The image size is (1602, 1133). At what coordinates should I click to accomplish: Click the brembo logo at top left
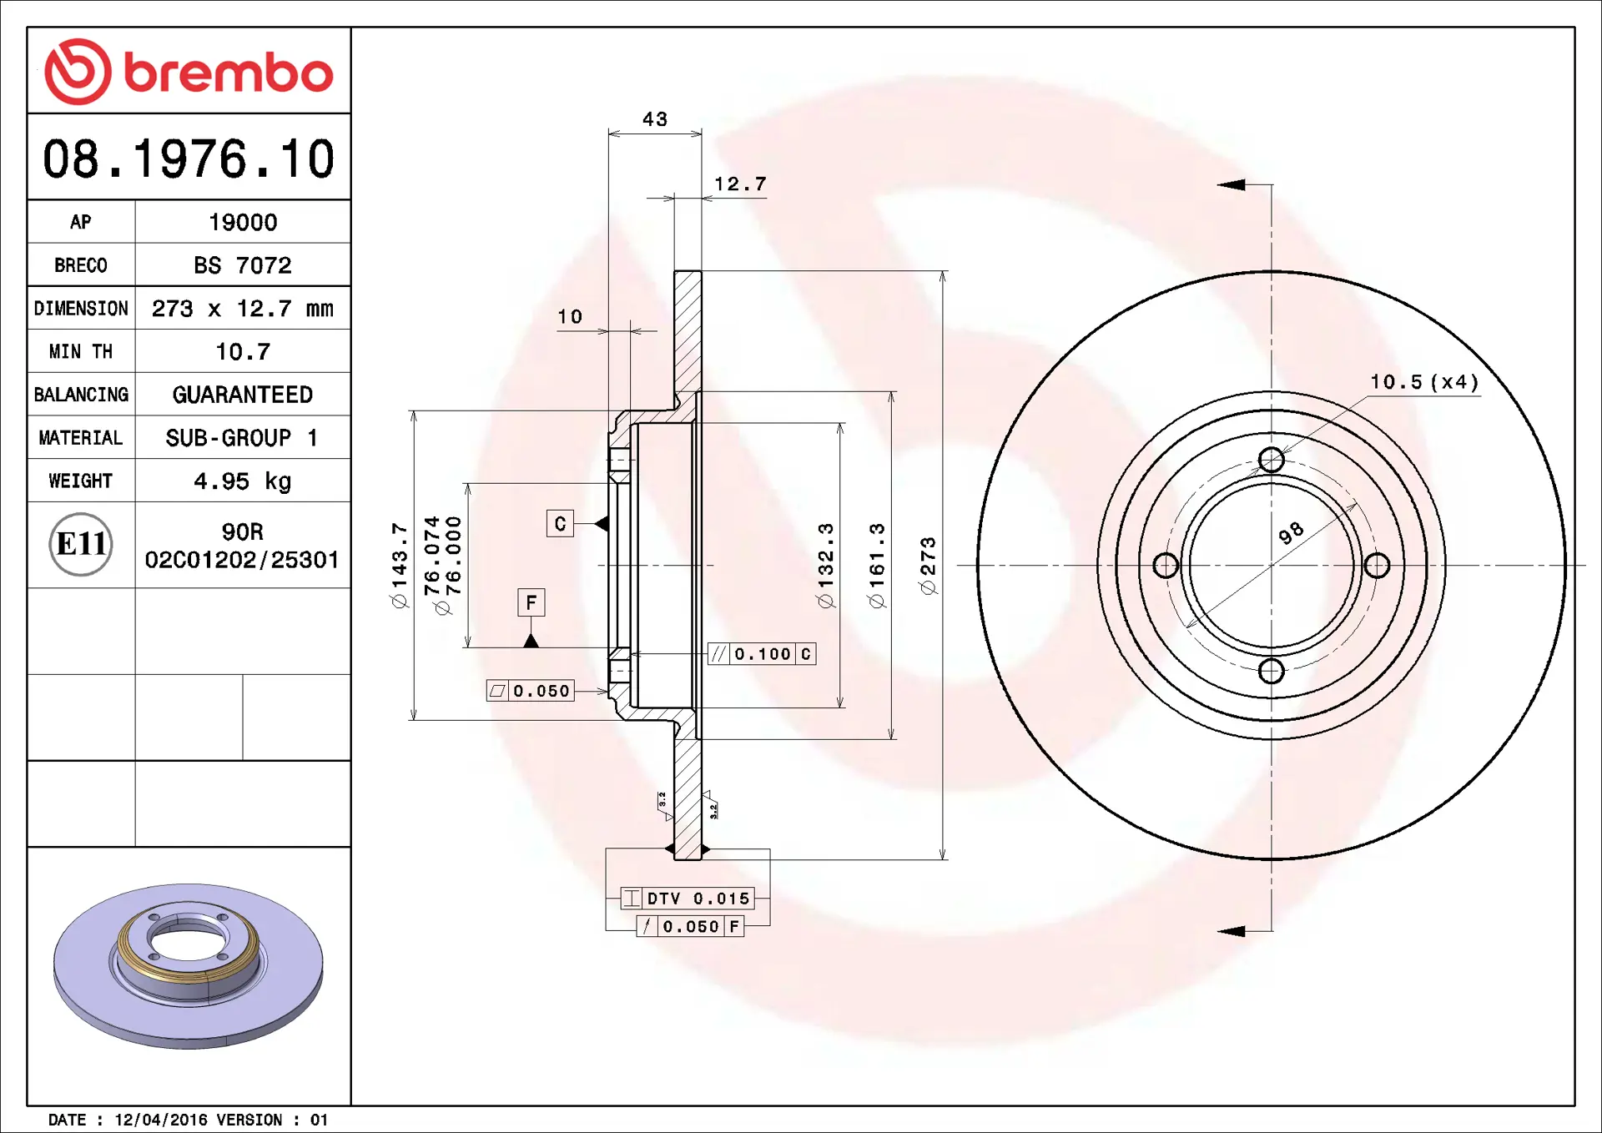pos(189,72)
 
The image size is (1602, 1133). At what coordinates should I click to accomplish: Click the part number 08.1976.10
pos(189,159)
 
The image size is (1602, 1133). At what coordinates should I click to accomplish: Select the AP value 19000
pos(243,222)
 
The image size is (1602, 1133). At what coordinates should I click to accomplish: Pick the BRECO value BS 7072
pos(243,265)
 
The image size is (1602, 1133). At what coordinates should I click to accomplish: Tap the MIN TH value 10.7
pos(243,351)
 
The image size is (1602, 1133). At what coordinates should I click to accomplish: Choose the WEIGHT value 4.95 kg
pos(243,481)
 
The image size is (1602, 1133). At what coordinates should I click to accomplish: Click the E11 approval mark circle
pos(81,544)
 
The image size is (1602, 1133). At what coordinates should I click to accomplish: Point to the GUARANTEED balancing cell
pos(243,395)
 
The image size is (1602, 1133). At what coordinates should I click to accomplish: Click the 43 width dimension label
pos(655,119)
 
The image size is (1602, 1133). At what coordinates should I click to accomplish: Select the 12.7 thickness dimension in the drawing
pos(740,184)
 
